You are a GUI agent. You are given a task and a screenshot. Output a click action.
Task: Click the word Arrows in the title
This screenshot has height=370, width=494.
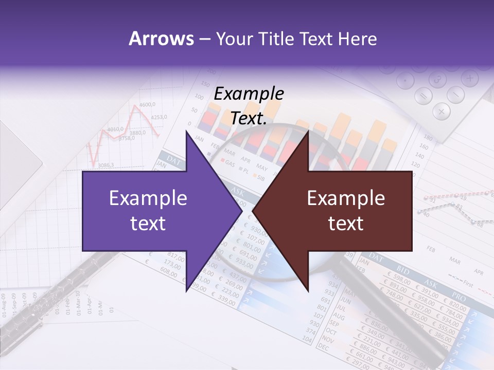coord(162,39)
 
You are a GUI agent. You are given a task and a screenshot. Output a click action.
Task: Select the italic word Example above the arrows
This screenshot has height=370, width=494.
coord(249,94)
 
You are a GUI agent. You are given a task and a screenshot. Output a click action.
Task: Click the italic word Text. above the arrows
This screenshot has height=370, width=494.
coord(249,118)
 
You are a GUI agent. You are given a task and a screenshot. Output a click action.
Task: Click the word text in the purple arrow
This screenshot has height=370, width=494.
coord(148,223)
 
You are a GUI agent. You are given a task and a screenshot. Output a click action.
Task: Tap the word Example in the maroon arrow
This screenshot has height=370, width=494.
coord(346,198)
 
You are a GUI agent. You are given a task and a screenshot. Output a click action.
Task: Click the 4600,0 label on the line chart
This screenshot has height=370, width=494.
coord(147,105)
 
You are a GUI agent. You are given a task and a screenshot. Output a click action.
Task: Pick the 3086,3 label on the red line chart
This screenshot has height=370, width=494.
coord(105,165)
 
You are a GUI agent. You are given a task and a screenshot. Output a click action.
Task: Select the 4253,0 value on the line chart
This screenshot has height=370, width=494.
coord(159,117)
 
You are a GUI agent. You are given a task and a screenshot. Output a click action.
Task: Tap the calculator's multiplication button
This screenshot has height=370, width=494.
coord(441,110)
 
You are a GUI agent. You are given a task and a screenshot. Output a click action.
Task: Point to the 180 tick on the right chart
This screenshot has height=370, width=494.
coord(428,138)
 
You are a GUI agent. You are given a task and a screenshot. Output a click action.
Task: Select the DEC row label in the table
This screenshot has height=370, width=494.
coord(323,347)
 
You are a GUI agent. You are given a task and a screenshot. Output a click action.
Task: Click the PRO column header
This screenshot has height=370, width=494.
coord(458,298)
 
